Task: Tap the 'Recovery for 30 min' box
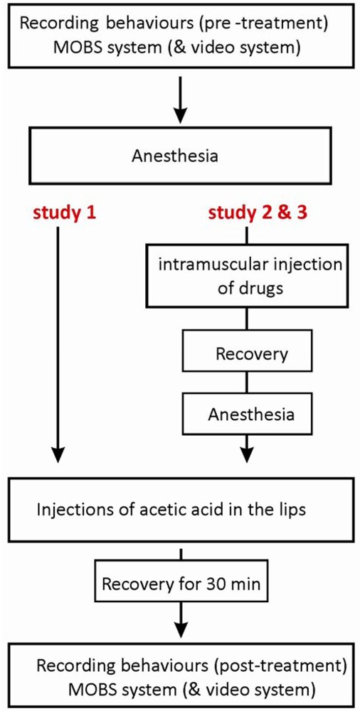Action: click(x=183, y=585)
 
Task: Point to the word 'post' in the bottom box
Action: click(x=232, y=666)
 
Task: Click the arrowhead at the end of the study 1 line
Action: click(x=59, y=453)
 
